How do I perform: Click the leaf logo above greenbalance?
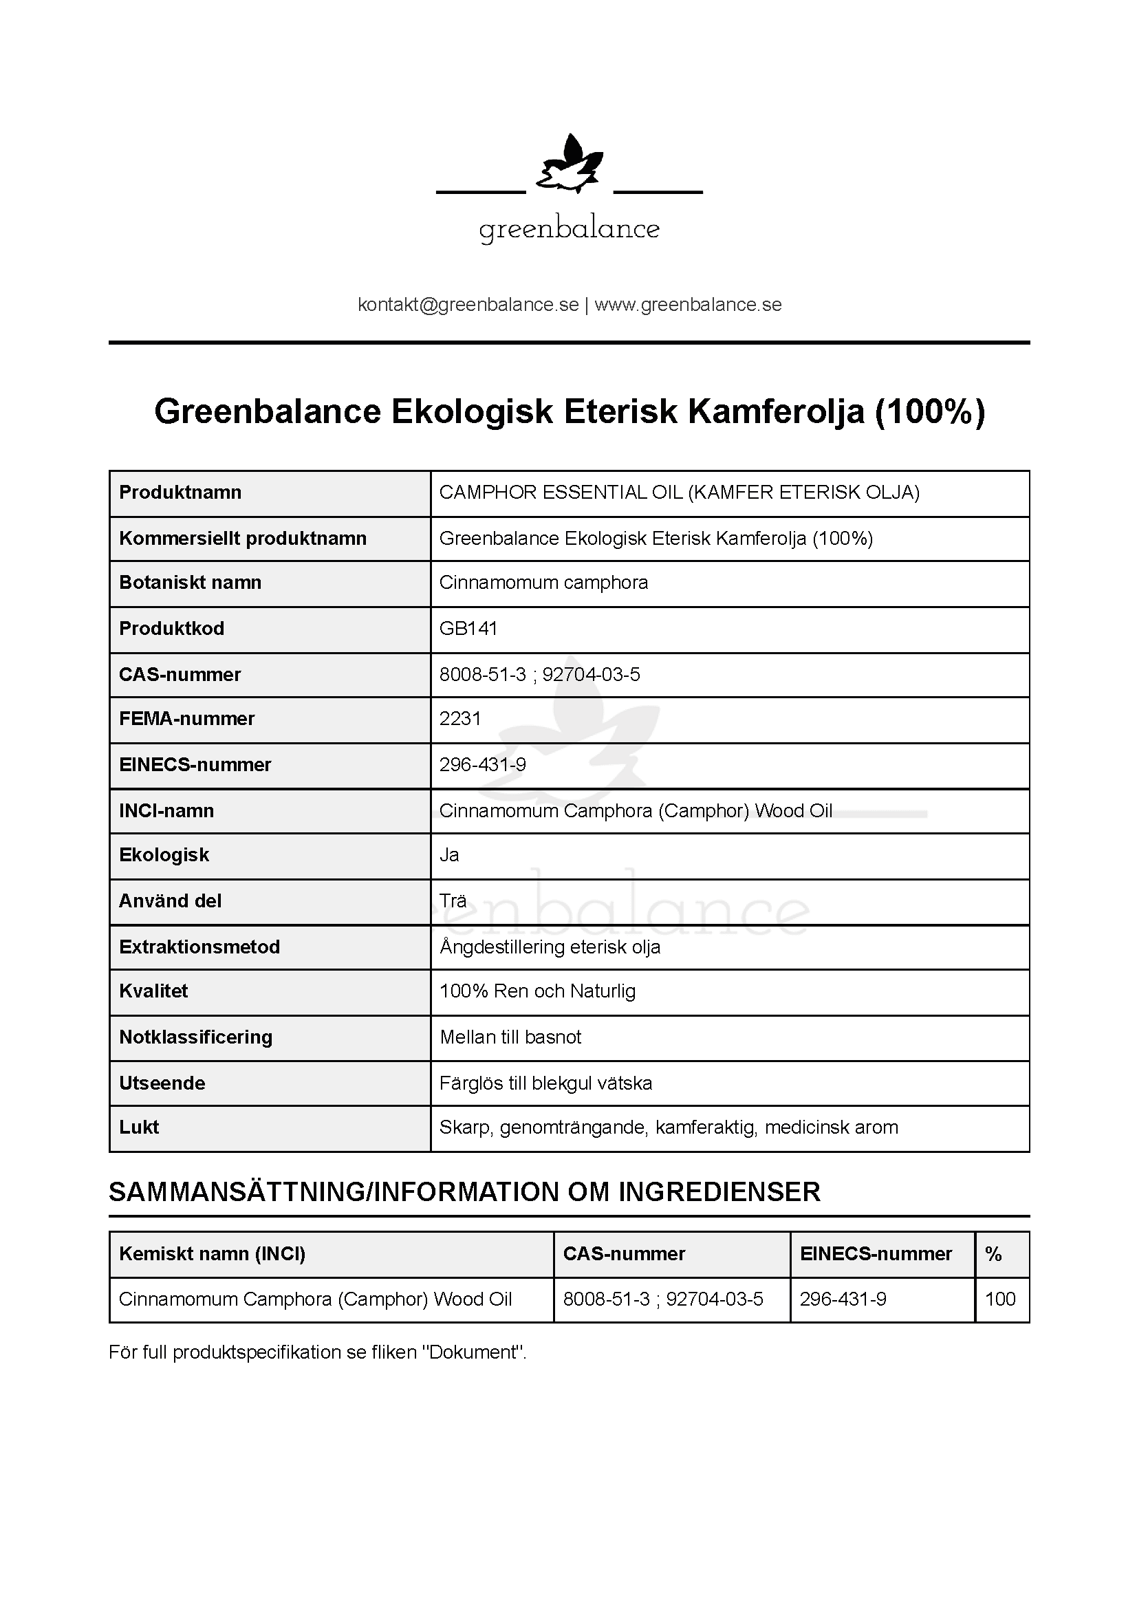[x=569, y=165]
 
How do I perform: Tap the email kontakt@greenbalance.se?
[x=468, y=305]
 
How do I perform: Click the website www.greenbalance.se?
[x=688, y=305]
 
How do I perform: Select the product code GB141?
[x=468, y=629]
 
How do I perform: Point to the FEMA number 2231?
[x=460, y=719]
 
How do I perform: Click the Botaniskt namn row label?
[x=190, y=583]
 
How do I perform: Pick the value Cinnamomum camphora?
[x=543, y=583]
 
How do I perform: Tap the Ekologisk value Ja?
[x=449, y=855]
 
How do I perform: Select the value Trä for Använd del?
[x=453, y=901]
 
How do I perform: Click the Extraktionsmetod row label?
[x=199, y=947]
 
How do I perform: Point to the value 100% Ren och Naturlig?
[x=537, y=992]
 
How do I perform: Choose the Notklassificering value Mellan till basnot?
[x=510, y=1038]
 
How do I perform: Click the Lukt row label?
[x=140, y=1127]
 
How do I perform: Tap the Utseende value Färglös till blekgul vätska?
[x=545, y=1083]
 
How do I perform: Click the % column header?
[x=993, y=1255]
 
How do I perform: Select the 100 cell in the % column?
[x=999, y=1300]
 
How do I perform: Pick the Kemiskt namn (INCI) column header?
[x=213, y=1255]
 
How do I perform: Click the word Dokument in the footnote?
[x=475, y=1353]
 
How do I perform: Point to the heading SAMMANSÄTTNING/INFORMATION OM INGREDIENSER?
[x=464, y=1193]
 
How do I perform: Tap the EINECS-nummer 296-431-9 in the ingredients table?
[x=843, y=1300]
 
